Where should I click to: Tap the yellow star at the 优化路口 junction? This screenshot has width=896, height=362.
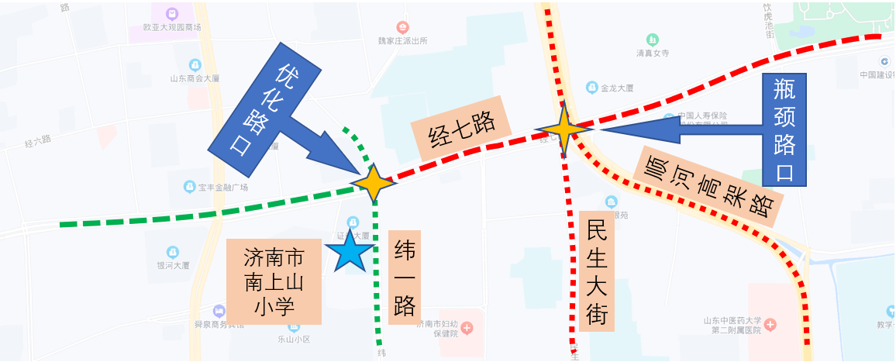[x=374, y=183]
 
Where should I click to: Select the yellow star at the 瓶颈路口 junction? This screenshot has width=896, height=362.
[x=563, y=129]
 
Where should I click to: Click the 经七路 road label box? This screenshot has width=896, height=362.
[x=463, y=127]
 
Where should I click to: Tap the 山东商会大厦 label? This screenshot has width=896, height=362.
[x=195, y=78]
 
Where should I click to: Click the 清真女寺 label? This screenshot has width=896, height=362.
[x=653, y=53]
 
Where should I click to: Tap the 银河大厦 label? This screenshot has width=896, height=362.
[x=173, y=264]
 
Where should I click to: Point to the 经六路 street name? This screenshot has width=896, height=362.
[x=37, y=141]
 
